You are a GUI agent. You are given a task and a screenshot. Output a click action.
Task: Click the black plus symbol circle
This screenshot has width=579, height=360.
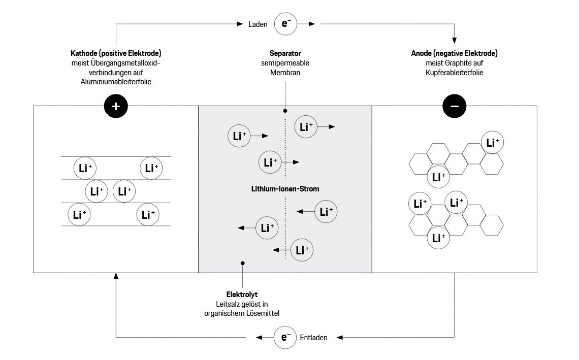pyautogui.click(x=115, y=106)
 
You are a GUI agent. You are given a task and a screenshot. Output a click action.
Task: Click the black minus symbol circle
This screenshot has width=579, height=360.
pyautogui.click(x=455, y=106)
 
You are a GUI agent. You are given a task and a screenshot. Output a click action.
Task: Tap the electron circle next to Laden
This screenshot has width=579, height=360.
pyautogui.click(x=285, y=23)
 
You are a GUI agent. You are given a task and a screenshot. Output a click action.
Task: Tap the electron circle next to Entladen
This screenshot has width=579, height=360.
pyautogui.click(x=285, y=337)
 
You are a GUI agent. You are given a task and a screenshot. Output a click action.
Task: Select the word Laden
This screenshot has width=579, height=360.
pyautogui.click(x=258, y=24)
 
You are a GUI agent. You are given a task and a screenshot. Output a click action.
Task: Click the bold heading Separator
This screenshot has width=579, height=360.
pyautogui.click(x=285, y=53)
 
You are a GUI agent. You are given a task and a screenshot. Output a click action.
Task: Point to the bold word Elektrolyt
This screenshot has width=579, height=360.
pyautogui.click(x=242, y=294)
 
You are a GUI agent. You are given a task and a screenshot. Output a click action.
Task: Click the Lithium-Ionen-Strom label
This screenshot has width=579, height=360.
pyautogui.click(x=285, y=189)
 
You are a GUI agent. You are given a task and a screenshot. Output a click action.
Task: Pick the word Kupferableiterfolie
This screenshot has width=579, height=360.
pyautogui.click(x=454, y=73)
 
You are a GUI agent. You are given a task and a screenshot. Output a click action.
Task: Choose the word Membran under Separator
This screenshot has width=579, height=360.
pyautogui.click(x=285, y=73)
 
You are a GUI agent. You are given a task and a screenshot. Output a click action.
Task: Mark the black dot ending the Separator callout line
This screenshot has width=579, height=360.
pyautogui.click(x=285, y=110)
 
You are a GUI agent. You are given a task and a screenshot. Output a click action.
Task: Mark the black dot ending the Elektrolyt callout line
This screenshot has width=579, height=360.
pyautogui.click(x=243, y=263)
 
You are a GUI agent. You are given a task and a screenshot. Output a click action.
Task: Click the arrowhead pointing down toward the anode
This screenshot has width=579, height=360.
pyautogui.click(x=455, y=40)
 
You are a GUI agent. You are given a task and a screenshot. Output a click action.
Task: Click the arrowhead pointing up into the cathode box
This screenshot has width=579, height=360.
pyautogui.click(x=116, y=276)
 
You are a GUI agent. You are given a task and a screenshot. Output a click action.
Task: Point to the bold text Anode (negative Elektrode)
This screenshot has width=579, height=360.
pyautogui.click(x=454, y=53)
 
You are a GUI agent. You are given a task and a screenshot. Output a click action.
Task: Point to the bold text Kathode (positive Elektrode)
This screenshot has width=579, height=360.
pyautogui.click(x=116, y=53)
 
